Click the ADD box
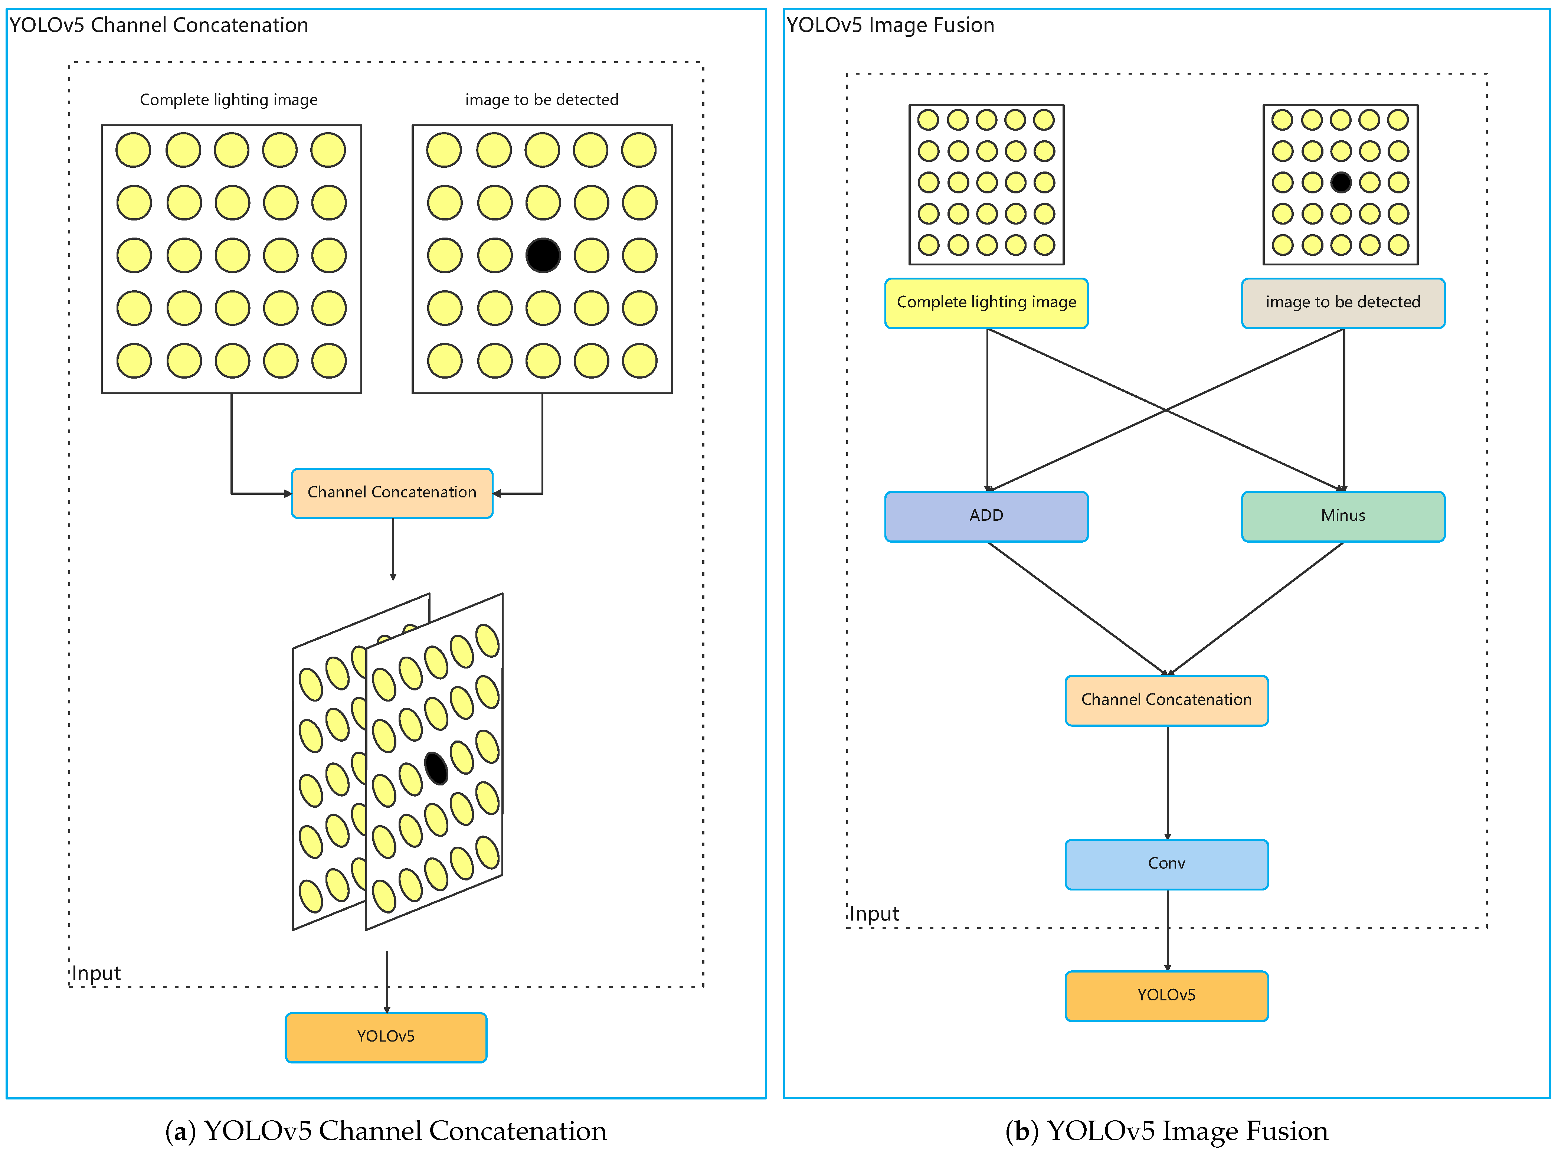pos(986,516)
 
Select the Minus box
pos(1343,516)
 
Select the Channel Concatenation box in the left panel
pos(392,493)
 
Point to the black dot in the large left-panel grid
pos(543,255)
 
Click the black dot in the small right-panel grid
pos(1340,182)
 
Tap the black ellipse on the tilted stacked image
pos(436,768)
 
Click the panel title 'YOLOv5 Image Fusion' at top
pos(890,25)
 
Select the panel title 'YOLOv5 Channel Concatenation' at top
pos(159,25)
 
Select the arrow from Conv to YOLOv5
pos(1167,930)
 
